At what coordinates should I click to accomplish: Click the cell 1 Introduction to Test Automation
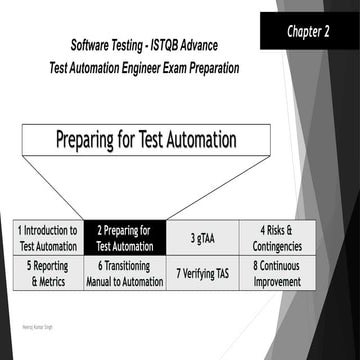46,237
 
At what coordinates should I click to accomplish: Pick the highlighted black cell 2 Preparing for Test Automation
123,237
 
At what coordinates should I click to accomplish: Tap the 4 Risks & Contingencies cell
283,237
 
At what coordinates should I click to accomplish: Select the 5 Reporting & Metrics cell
46,273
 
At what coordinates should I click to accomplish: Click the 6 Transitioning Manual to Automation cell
124,273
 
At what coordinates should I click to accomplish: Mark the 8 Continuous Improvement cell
283,273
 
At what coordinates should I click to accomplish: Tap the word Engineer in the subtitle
127,70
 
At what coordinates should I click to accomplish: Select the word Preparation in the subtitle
217,70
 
